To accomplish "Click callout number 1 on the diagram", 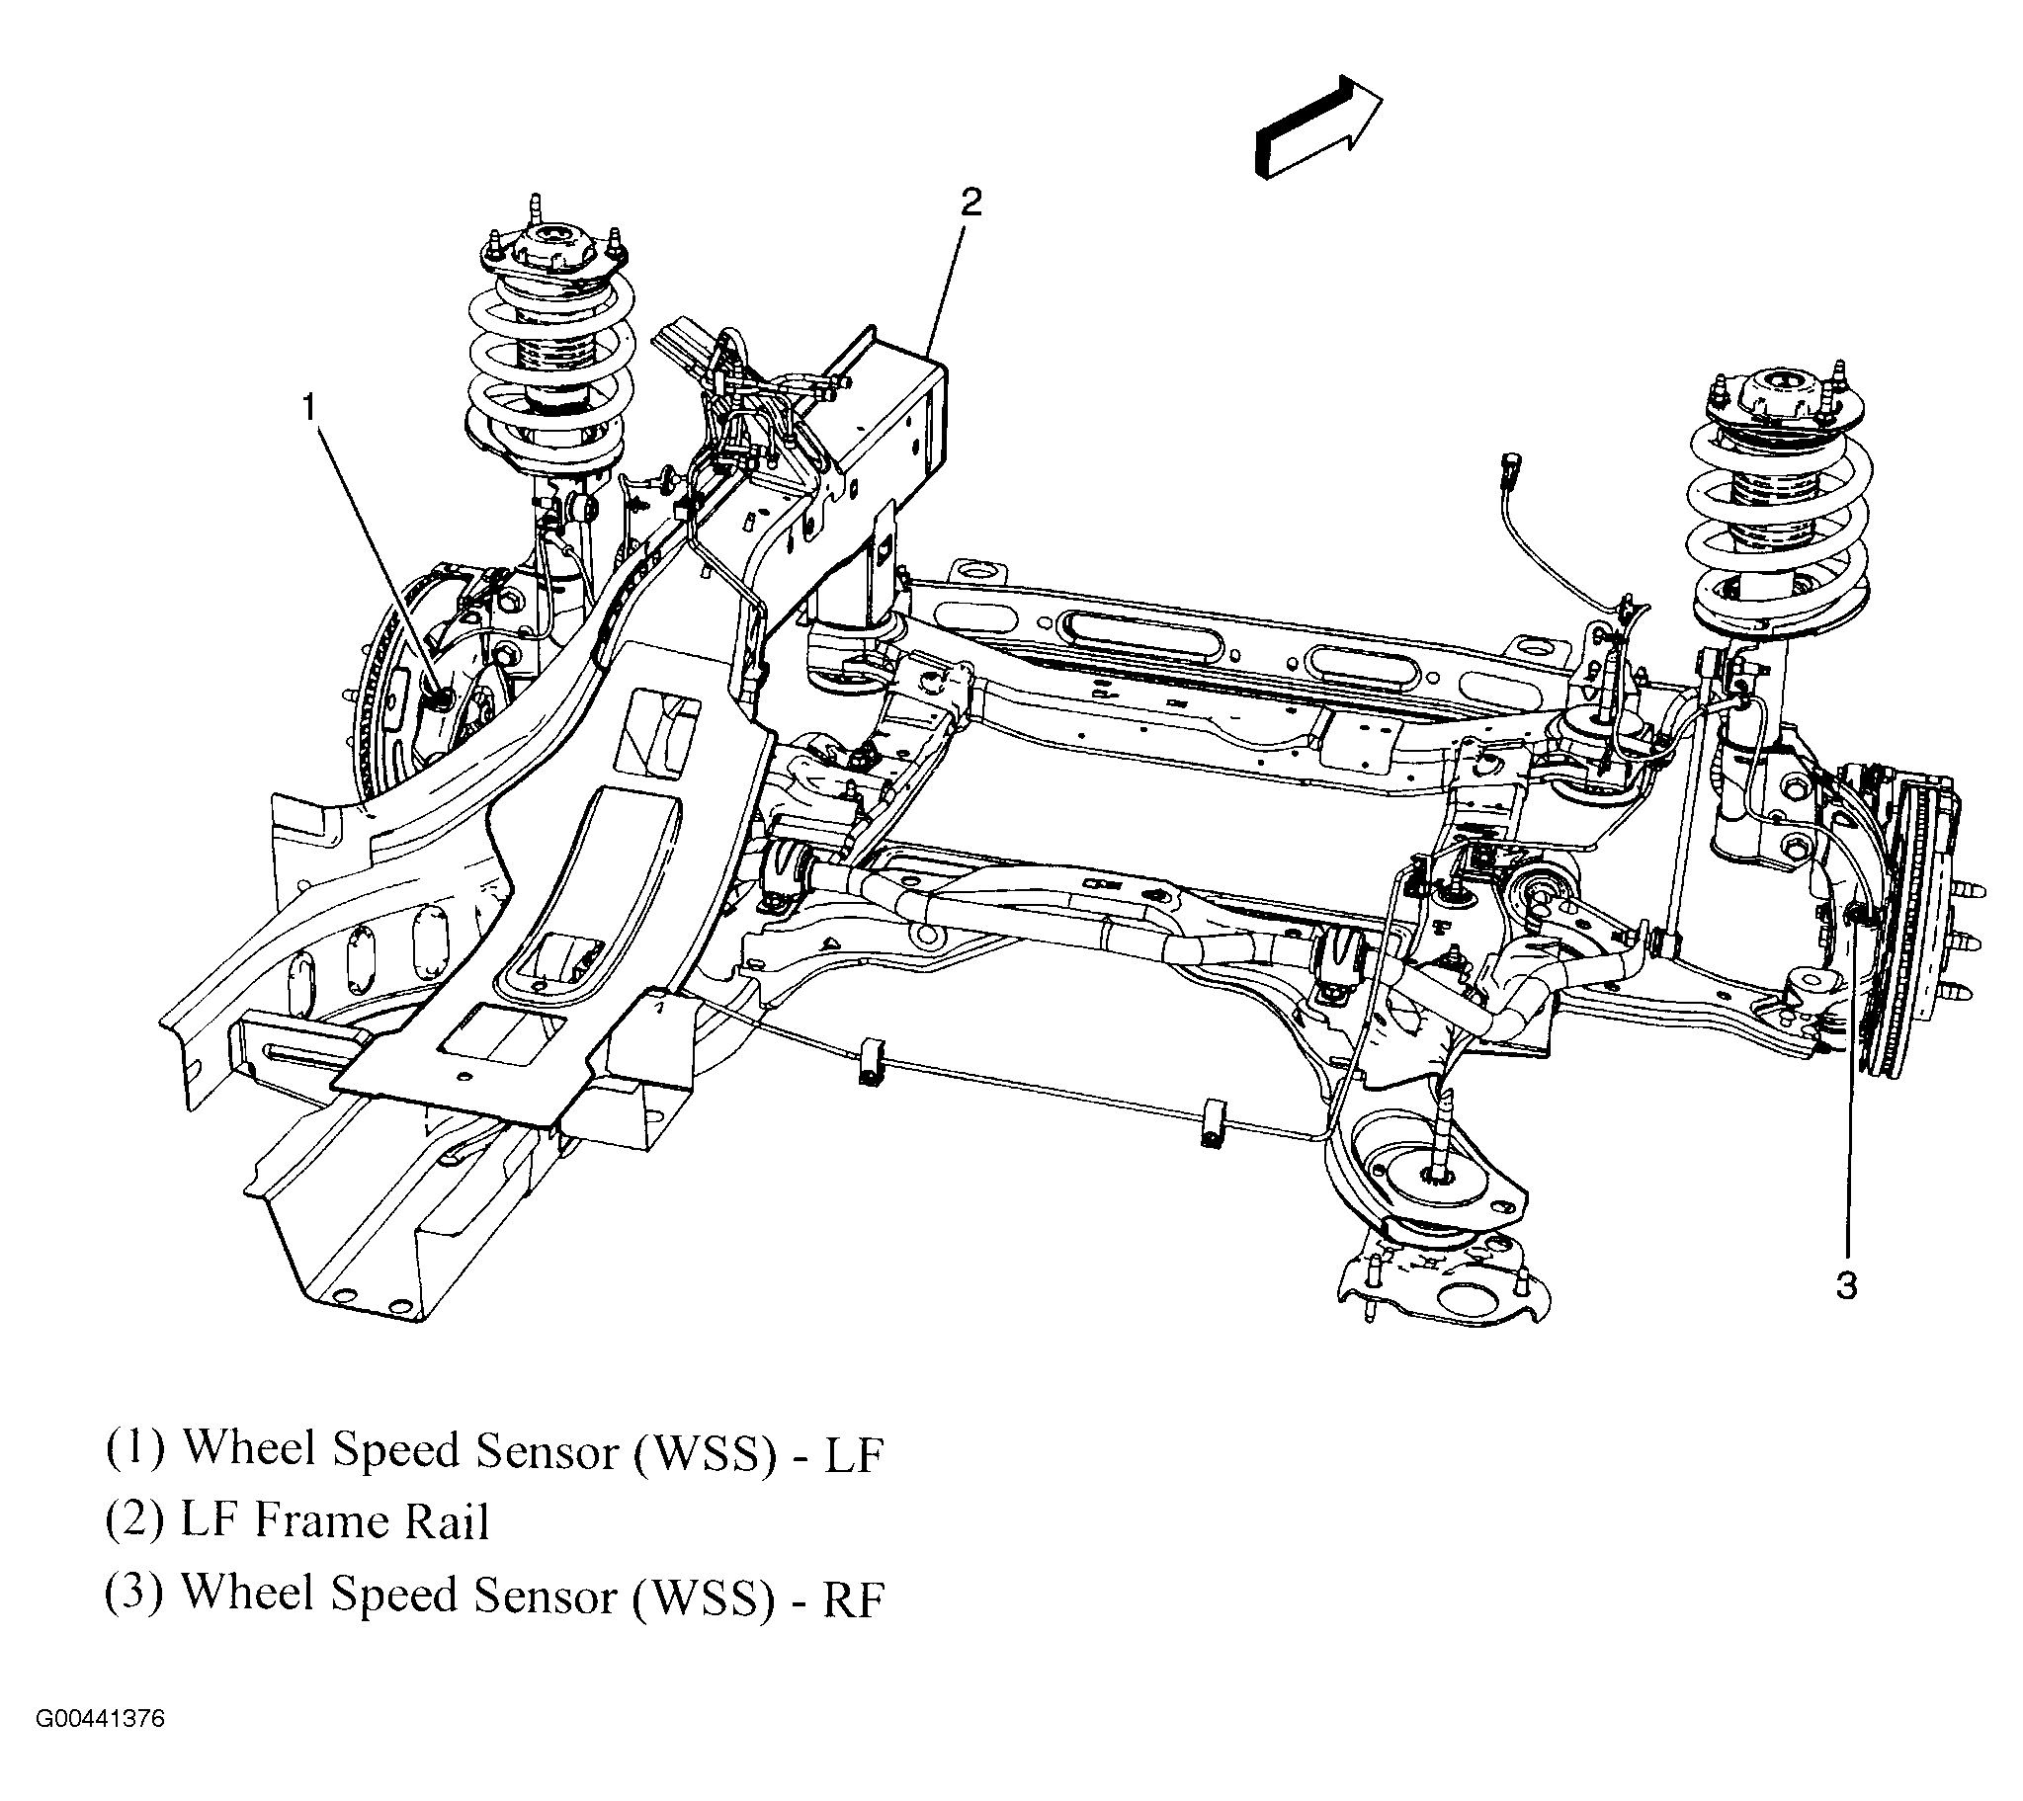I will click(309, 406).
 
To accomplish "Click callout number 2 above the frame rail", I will click(969, 202).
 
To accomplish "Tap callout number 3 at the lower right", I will click(1846, 1285).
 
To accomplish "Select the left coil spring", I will click(549, 367).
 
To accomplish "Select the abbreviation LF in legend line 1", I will click(853, 1453).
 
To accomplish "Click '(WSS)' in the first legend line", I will click(705, 1451).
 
